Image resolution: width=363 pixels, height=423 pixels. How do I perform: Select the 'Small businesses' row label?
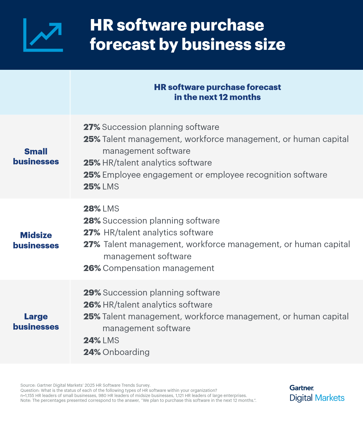coord(36,157)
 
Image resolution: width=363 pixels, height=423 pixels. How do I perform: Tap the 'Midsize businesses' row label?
coord(36,240)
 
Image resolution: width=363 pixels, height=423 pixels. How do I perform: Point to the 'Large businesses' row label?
coord(36,321)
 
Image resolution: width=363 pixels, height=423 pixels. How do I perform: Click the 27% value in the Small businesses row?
coord(92,127)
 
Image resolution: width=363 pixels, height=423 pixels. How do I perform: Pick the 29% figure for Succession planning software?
coord(92,293)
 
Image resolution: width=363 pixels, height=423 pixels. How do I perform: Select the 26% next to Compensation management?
coord(92,268)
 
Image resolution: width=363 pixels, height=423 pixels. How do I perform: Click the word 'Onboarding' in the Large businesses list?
coord(126,352)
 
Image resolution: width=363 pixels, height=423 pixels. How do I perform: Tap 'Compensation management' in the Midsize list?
coord(158,268)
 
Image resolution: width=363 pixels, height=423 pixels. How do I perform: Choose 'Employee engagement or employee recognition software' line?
coord(214,175)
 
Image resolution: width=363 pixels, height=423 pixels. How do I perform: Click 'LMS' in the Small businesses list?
coord(110,187)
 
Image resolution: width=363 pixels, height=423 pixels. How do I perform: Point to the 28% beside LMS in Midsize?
coord(92,209)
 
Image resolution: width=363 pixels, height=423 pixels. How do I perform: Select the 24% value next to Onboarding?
coord(92,352)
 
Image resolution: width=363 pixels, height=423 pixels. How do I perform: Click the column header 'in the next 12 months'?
coord(217,97)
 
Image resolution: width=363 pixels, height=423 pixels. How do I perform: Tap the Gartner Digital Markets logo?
coord(317,393)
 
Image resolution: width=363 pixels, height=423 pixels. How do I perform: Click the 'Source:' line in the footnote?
coord(85,385)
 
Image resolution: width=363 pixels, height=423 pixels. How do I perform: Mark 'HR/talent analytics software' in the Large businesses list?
coord(157,305)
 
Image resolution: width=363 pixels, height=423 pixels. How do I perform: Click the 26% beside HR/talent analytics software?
coord(92,305)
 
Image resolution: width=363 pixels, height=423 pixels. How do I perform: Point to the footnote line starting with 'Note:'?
coord(138,400)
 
